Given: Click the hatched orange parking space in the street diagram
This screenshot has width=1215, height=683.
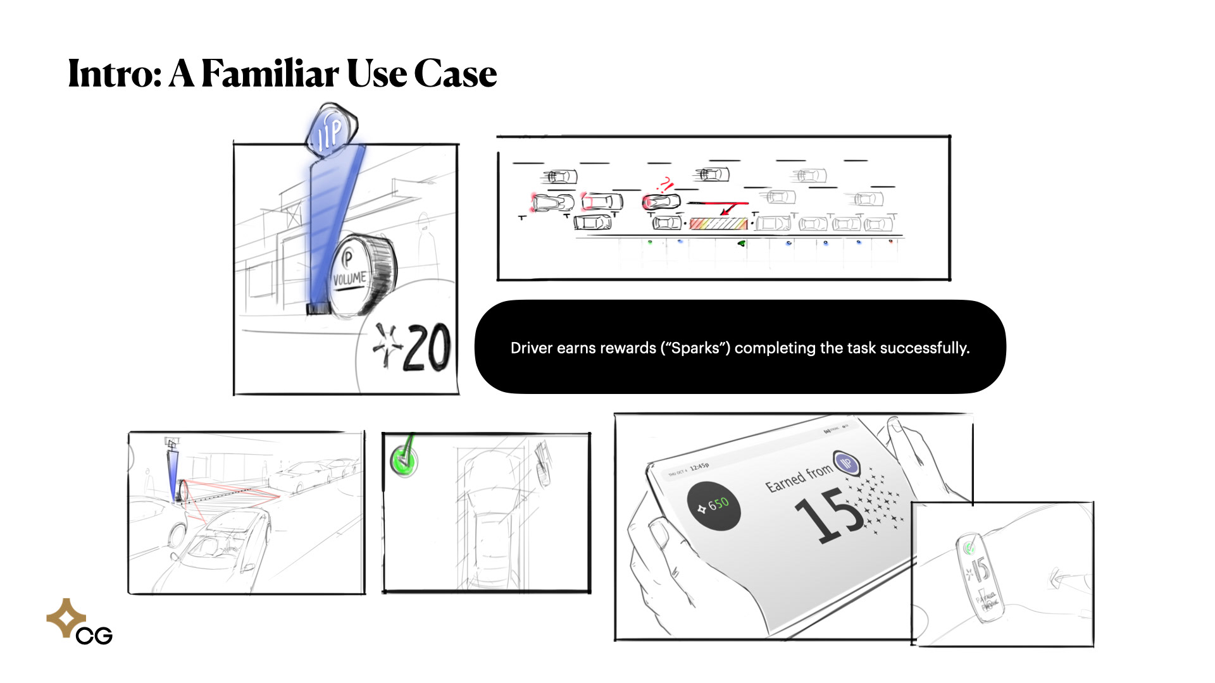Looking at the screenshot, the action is (718, 223).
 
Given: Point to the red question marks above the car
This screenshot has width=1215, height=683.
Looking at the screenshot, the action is (664, 185).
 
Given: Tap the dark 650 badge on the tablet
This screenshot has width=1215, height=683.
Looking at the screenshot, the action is (714, 506).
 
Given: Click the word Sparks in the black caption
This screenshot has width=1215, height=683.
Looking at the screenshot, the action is (695, 348).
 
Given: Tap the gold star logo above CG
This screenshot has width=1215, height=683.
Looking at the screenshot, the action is (66, 617).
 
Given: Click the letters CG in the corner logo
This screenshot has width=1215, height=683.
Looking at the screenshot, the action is (94, 636).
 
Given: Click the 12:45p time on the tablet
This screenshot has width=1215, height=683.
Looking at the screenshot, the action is (699, 467).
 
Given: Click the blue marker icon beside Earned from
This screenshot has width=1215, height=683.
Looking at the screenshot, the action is (846, 464).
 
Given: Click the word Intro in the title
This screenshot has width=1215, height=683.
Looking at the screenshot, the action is (114, 74).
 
